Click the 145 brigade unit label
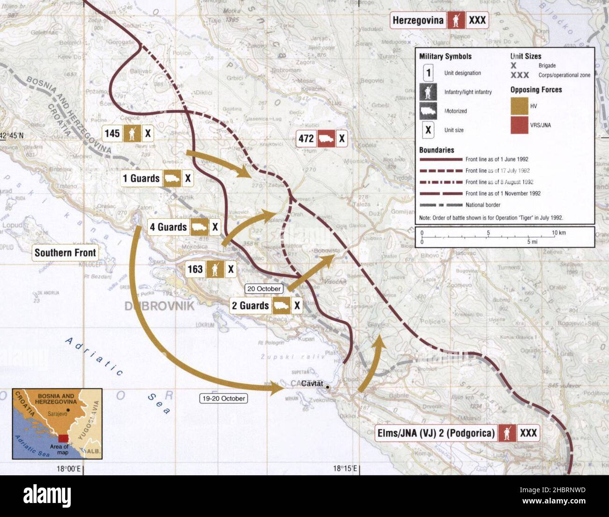click(x=128, y=133)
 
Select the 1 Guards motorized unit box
click(x=156, y=178)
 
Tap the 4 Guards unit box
click(x=184, y=227)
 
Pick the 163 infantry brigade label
click(x=210, y=269)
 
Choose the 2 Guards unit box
click(x=266, y=306)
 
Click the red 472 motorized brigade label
click(x=322, y=139)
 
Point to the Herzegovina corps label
click(x=439, y=20)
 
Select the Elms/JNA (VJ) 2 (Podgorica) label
click(x=457, y=433)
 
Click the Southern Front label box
click(x=65, y=253)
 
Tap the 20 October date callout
click(x=264, y=289)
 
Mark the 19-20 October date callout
click(x=223, y=399)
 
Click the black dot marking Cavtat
click(x=327, y=388)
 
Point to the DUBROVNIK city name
click(x=159, y=306)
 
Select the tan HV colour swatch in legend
click(x=519, y=106)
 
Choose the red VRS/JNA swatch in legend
click(x=519, y=126)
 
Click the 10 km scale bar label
click(x=558, y=233)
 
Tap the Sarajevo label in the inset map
click(x=58, y=414)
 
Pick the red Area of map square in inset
click(x=63, y=438)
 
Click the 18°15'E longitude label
click(x=346, y=468)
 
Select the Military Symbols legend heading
click(x=445, y=57)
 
